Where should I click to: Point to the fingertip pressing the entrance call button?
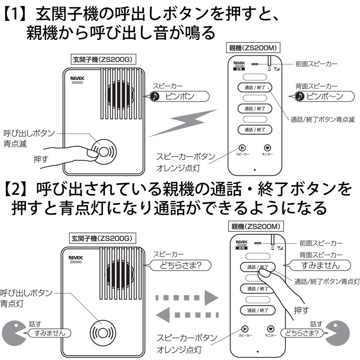point(92,154)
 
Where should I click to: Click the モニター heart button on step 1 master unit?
point(267,148)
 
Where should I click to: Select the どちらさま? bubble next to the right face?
point(302,333)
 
